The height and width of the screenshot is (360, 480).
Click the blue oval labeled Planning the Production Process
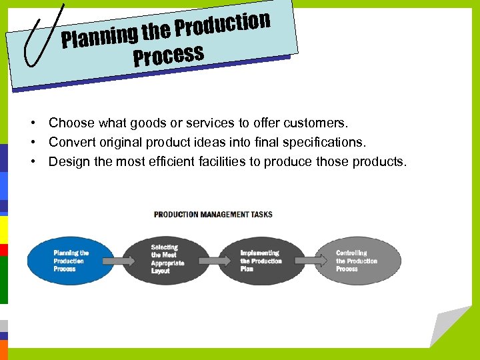pos(63,261)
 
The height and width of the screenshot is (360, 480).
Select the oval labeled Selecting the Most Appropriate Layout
pos(163,259)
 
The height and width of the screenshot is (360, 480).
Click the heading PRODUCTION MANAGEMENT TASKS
pos(213,214)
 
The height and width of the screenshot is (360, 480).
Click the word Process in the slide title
pos(168,56)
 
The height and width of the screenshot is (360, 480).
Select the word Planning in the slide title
pos(100,36)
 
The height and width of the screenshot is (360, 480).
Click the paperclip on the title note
pos(40,37)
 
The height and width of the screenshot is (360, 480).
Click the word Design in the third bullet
pos(67,161)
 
